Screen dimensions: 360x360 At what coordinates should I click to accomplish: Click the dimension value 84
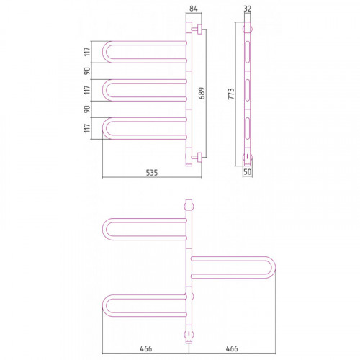[x=194, y=9]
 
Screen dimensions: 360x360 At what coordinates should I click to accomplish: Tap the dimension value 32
[x=248, y=9]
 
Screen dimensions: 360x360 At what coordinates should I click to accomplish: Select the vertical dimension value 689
[x=202, y=94]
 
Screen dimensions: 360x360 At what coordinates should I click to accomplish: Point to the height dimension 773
[x=231, y=94]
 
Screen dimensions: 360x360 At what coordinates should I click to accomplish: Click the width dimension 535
[x=152, y=173]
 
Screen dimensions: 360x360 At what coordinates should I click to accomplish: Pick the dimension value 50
[x=248, y=172]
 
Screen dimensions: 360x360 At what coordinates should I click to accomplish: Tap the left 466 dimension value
[x=146, y=348]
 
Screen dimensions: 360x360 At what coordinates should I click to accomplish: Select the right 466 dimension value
[x=232, y=348]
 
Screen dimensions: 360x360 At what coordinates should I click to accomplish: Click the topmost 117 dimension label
[x=87, y=52]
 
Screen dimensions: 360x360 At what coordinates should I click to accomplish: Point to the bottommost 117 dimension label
[x=87, y=128]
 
